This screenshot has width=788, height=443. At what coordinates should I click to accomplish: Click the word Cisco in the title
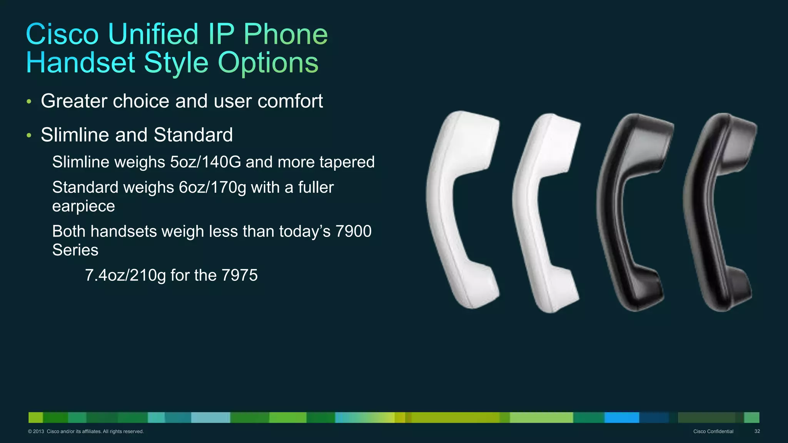pos(62,34)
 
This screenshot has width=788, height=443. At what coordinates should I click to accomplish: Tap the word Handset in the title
pos(80,63)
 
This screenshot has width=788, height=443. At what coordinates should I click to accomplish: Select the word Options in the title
pos(268,63)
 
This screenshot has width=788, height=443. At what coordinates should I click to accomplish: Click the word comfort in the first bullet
pos(290,101)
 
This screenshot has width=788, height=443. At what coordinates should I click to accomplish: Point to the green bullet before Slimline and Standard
pos(29,135)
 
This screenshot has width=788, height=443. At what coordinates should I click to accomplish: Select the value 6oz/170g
pos(212,188)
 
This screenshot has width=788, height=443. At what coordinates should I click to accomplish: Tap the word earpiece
pos(83,207)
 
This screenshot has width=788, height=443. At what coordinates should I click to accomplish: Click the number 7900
pos(353,231)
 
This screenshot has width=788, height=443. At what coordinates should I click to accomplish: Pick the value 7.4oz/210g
pos(125,275)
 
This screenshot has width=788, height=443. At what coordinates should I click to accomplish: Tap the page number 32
pos(757,431)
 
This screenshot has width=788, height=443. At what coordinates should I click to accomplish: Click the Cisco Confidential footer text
pos(713,431)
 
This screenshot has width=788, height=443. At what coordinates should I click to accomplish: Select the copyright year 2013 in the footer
pos(38,431)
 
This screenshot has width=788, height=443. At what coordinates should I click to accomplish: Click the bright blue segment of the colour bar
pos(621,417)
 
